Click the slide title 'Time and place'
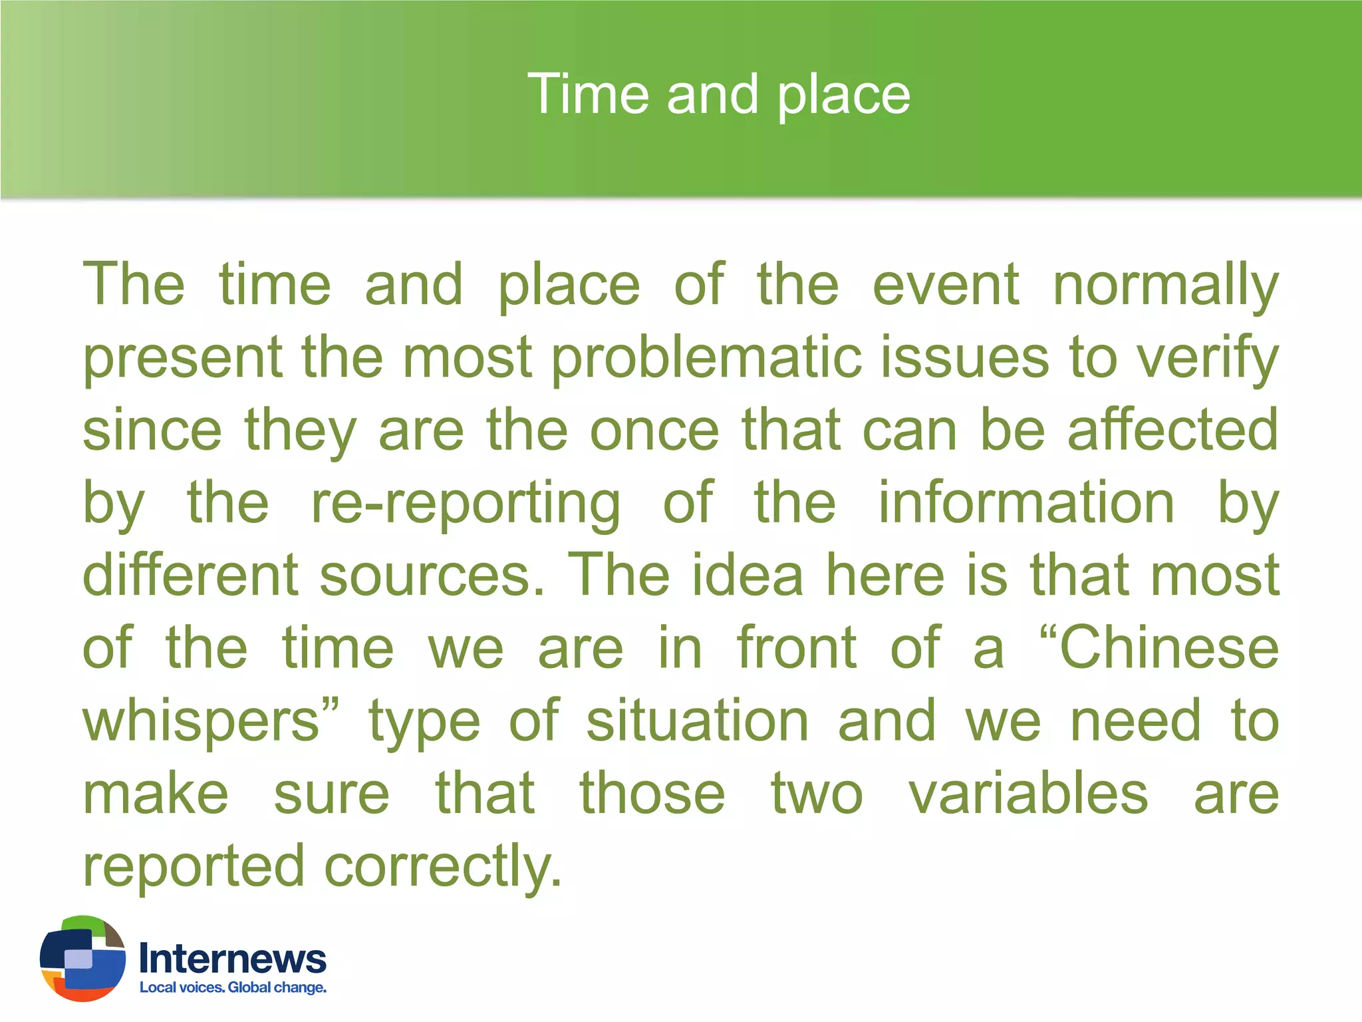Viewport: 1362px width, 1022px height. click(x=718, y=94)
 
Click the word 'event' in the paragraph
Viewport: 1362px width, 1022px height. click(x=945, y=285)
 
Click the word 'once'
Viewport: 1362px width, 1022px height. click(x=654, y=430)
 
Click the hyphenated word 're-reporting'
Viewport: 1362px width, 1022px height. click(x=466, y=504)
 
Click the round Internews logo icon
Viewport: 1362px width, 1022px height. click(x=83, y=959)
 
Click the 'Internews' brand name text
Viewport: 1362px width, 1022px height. click(x=233, y=959)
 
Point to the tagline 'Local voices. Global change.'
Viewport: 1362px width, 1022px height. click(x=233, y=987)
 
